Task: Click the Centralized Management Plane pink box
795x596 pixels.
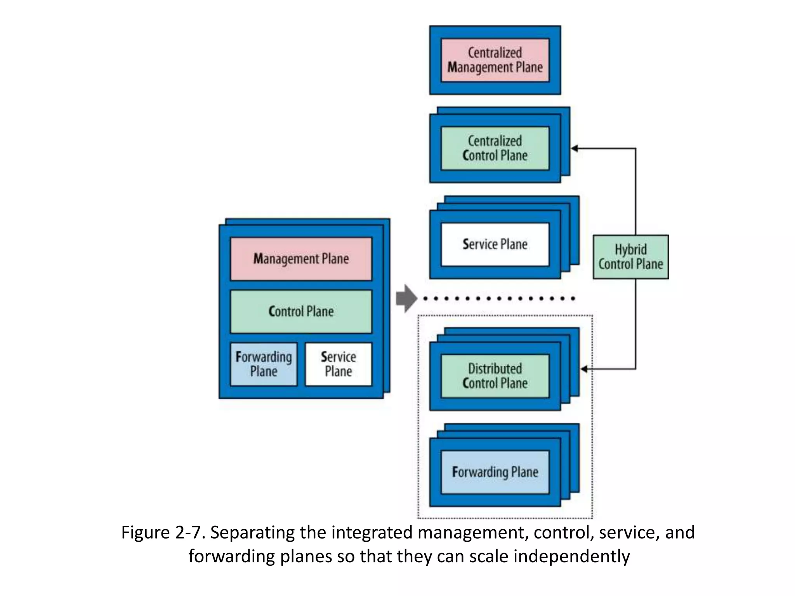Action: tap(495, 60)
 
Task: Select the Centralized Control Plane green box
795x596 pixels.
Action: tap(495, 148)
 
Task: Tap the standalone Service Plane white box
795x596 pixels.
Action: tap(495, 244)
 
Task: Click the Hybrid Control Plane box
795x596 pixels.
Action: tap(630, 257)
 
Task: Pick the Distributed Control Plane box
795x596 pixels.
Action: tap(495, 376)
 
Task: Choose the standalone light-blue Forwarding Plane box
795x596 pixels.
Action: tap(495, 472)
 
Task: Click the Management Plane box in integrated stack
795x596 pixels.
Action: tap(301, 259)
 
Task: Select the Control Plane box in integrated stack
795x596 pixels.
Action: tap(301, 312)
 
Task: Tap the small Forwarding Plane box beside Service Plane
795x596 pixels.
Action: tap(264, 364)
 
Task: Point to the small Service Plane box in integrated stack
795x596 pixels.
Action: tap(338, 364)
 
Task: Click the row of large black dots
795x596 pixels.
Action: tap(499, 298)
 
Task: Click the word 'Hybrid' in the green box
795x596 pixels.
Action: tap(630, 249)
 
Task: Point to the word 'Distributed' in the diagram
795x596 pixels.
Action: tap(495, 369)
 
